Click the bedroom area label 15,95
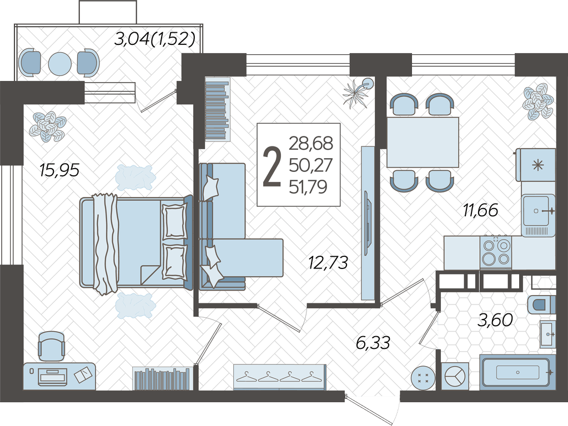click(x=59, y=170)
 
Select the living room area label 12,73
click(x=328, y=262)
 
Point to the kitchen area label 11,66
click(x=481, y=210)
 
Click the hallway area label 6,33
click(x=373, y=343)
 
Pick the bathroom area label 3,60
click(x=495, y=320)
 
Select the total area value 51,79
click(x=308, y=187)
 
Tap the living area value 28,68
click(x=311, y=144)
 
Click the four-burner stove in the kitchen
click(x=496, y=252)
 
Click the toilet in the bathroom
click(x=542, y=305)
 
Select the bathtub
click(x=517, y=372)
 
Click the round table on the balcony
click(x=60, y=64)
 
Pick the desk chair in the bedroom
click(x=52, y=346)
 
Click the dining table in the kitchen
click(x=423, y=142)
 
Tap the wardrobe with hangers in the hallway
click(x=280, y=377)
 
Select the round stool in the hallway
click(x=423, y=378)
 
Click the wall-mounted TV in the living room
click(x=368, y=223)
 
